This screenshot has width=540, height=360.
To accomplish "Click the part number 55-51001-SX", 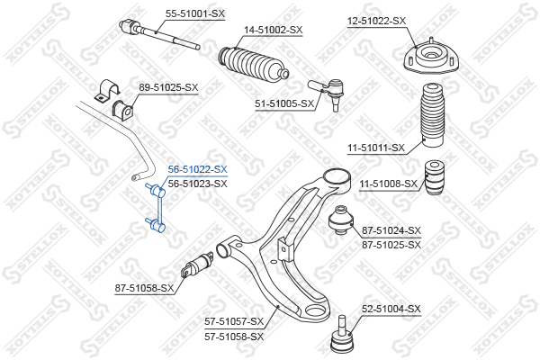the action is pos(195,13).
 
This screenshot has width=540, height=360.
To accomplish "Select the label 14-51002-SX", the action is pos(274,30).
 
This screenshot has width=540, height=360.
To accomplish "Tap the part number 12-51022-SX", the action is pos(376,21).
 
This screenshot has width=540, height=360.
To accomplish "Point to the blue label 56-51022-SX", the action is pos(198,169).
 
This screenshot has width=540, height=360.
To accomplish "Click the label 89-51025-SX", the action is pos(168,87).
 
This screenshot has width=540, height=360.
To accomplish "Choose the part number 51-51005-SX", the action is pos(284,103).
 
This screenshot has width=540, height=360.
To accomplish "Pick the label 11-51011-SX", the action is pos(376,148).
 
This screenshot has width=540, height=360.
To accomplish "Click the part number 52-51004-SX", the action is pos(391,309).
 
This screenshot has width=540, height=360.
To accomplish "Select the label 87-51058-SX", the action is pos(144,288).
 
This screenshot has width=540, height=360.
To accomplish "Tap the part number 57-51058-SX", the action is pos(234,337).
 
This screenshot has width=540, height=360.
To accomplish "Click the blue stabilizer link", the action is pos(157,208).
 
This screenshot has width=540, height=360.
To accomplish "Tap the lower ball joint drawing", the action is pos(342,335).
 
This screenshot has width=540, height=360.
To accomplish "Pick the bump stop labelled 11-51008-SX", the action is pos(434,177).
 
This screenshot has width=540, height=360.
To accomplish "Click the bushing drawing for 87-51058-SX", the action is pos(197,265).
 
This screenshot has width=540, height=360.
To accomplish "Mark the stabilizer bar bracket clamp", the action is pos(107,91).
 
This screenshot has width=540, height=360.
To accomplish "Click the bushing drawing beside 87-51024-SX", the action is pos(341,220).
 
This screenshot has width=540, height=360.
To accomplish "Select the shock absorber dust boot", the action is pos(432,115).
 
